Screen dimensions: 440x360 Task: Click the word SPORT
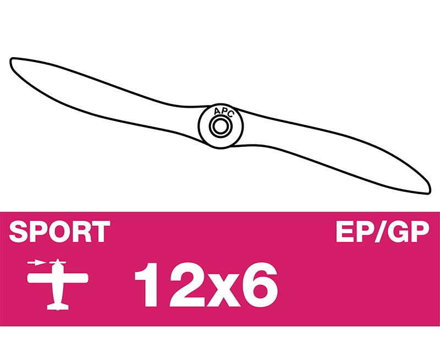click(59, 231)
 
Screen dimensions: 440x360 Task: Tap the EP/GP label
click(383, 231)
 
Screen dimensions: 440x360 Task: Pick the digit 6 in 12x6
click(260, 285)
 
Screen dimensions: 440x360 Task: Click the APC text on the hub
click(223, 112)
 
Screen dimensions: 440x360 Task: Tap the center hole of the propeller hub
click(221, 126)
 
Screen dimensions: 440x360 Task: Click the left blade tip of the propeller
click(11, 60)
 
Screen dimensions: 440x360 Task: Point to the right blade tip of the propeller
click(429, 192)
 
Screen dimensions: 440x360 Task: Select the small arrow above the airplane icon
click(36, 263)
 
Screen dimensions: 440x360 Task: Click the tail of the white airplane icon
click(58, 306)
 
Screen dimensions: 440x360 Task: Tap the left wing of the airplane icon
click(40, 278)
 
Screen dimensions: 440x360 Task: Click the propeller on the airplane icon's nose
click(58, 262)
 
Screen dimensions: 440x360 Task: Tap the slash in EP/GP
click(381, 231)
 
